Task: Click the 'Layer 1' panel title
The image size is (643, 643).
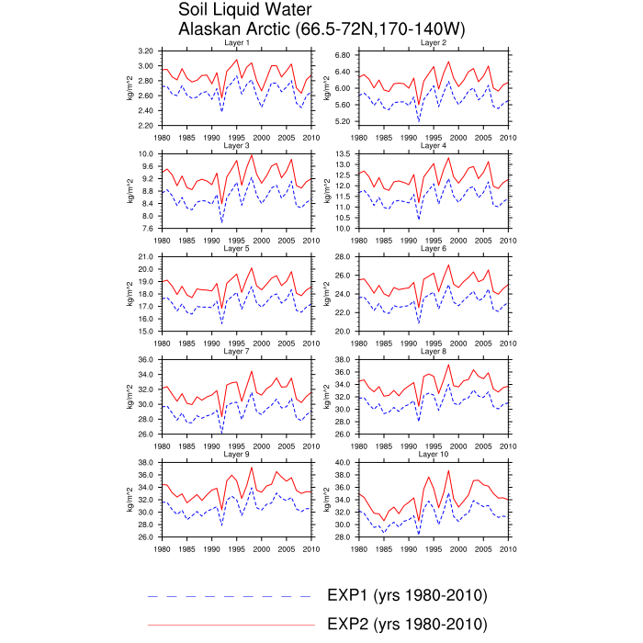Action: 237,43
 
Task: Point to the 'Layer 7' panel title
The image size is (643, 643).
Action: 237,352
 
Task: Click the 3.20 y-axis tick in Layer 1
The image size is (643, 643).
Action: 145,51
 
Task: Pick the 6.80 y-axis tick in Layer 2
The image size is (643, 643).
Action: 343,55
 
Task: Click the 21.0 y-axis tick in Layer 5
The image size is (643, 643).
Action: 145,256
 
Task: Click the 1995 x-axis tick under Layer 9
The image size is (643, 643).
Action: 212,549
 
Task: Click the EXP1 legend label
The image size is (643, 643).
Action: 407,595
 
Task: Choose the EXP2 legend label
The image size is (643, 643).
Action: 407,625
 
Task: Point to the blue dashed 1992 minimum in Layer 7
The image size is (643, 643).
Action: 222,432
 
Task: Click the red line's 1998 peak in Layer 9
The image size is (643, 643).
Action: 252,467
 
